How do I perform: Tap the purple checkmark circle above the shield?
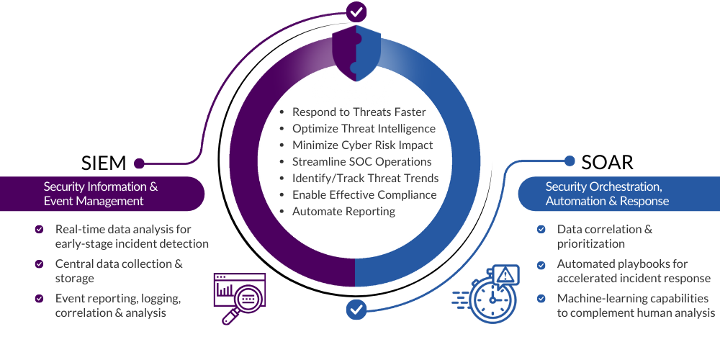click(x=356, y=12)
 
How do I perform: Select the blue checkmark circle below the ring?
click(x=356, y=310)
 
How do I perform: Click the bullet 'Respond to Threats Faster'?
click(x=359, y=112)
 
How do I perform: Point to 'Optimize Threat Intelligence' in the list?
click(x=364, y=128)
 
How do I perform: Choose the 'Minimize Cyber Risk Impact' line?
click(x=362, y=145)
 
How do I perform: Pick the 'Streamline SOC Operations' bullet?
click(x=361, y=161)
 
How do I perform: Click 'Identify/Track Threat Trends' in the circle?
click(x=365, y=178)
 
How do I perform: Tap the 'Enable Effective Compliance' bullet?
click(x=364, y=194)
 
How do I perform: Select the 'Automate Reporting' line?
click(x=343, y=211)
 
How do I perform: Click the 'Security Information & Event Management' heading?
click(x=101, y=194)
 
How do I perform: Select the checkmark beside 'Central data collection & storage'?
click(x=40, y=264)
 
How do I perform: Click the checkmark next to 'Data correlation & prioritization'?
click(x=541, y=230)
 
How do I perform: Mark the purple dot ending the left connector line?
click(x=139, y=163)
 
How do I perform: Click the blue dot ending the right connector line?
click(x=570, y=161)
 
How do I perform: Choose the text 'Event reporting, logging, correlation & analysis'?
click(x=117, y=305)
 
